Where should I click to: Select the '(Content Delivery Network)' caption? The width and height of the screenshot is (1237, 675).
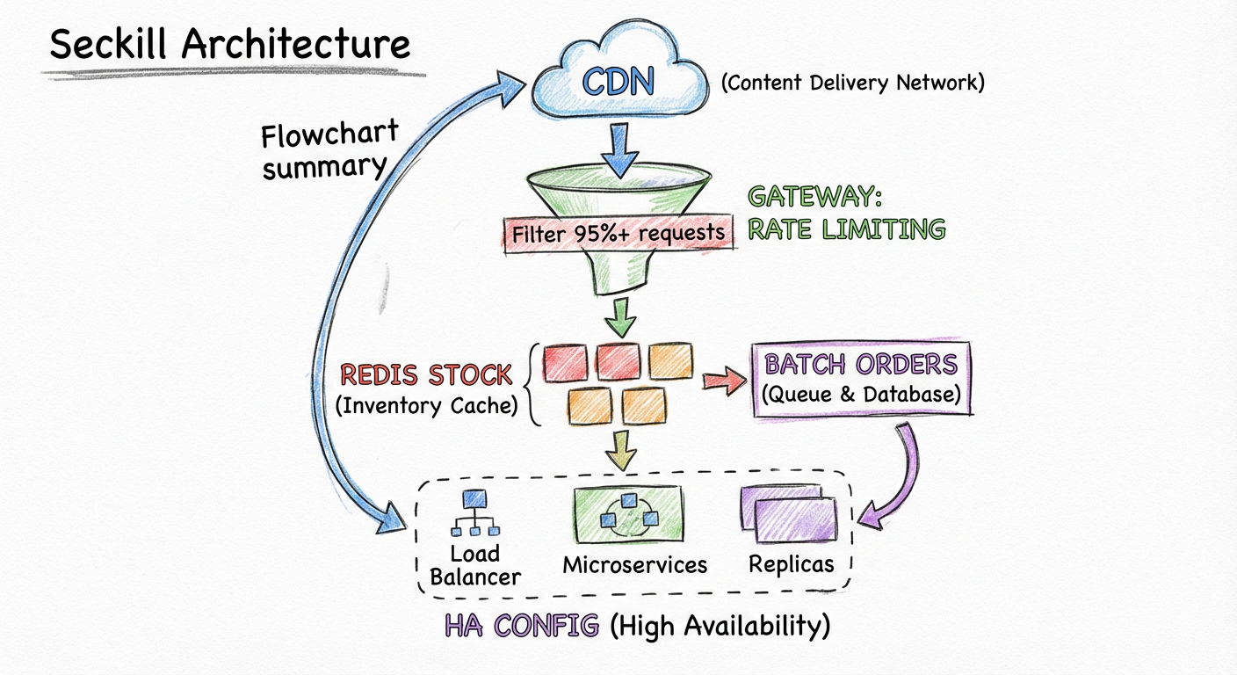click(x=852, y=83)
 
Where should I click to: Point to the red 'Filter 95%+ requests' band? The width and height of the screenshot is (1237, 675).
click(x=619, y=232)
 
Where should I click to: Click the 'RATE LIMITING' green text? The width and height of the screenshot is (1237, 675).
click(x=845, y=229)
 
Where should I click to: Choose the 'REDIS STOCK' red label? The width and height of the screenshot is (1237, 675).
click(x=425, y=375)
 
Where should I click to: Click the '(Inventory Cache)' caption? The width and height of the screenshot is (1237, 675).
click(x=425, y=406)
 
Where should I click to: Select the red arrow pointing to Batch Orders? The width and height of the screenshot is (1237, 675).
click(x=721, y=380)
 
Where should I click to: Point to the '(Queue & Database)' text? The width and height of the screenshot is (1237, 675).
click(x=861, y=395)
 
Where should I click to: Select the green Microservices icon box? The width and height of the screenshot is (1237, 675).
click(x=627, y=515)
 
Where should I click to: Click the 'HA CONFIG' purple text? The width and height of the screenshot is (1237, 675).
click(x=521, y=626)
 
